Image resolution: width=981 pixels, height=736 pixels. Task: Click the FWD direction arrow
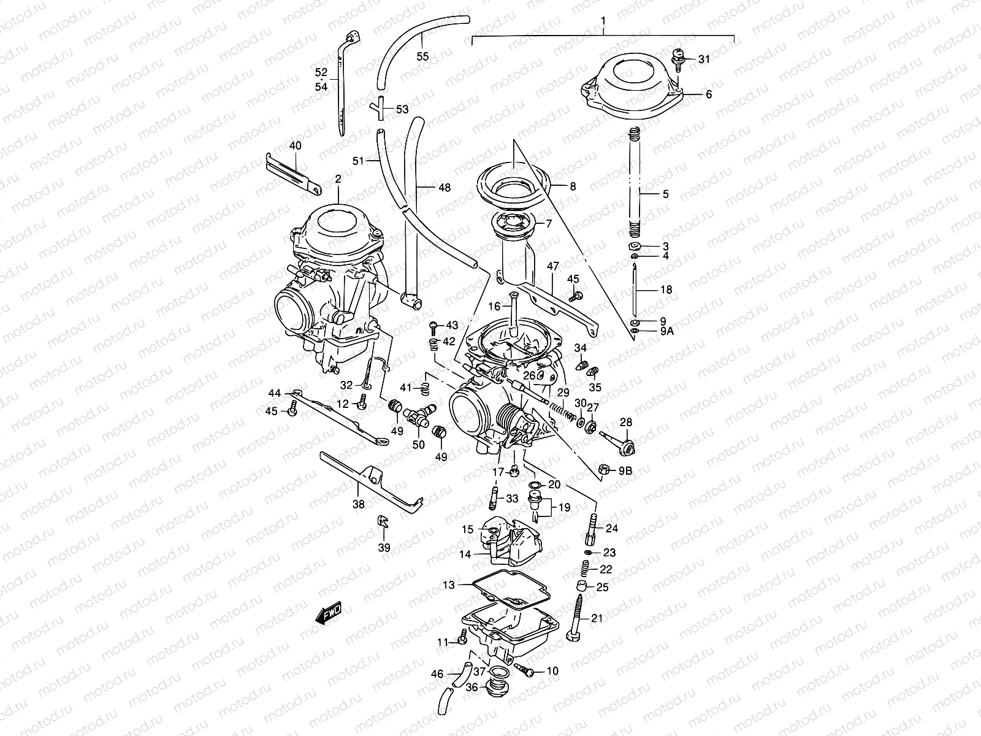coord(328,613)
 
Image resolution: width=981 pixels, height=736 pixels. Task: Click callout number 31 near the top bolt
coord(704,59)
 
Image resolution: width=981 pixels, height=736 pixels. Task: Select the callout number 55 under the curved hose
coord(423,56)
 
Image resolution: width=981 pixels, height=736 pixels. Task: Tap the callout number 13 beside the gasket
coord(449,585)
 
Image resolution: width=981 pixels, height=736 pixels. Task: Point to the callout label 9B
coord(625,471)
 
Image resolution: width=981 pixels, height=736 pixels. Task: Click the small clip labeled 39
coord(381,522)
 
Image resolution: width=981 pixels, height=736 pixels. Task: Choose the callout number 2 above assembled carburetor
coord(338,179)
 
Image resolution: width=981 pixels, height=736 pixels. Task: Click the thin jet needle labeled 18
coord(635,289)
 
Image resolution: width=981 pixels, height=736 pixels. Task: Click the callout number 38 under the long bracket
coord(359,505)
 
